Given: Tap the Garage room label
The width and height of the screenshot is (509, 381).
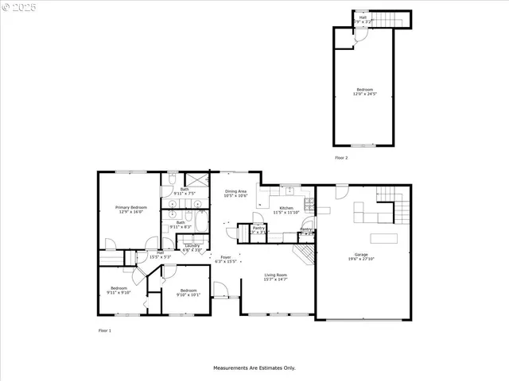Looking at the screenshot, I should click(x=363, y=256).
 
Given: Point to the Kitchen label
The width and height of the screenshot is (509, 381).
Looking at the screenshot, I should click(x=286, y=209).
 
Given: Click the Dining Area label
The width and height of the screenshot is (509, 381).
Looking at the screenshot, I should click(x=236, y=191).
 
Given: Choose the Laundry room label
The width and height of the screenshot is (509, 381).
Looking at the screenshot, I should click(x=192, y=245).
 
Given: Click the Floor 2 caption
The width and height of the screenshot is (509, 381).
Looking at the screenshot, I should click(x=341, y=158).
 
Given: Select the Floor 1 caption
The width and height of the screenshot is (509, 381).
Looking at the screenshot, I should click(x=104, y=330).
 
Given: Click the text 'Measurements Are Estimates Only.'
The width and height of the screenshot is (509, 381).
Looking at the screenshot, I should click(x=254, y=368).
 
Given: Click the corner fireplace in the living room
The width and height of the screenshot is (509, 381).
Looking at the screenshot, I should click(x=304, y=255).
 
